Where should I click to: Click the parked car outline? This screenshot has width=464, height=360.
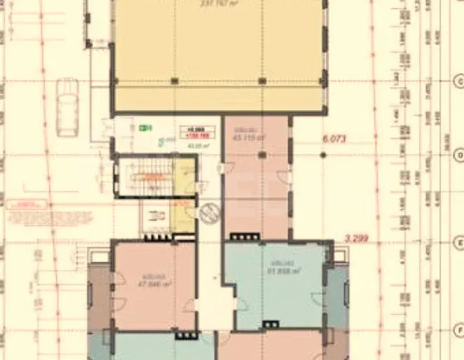[x=68, y=107]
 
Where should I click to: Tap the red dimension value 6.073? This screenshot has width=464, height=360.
[x=334, y=139]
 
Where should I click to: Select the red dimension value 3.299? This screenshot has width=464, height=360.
[x=357, y=239]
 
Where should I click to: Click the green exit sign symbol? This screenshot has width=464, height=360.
[x=146, y=127]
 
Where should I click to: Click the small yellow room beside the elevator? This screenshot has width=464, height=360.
[x=184, y=216]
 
